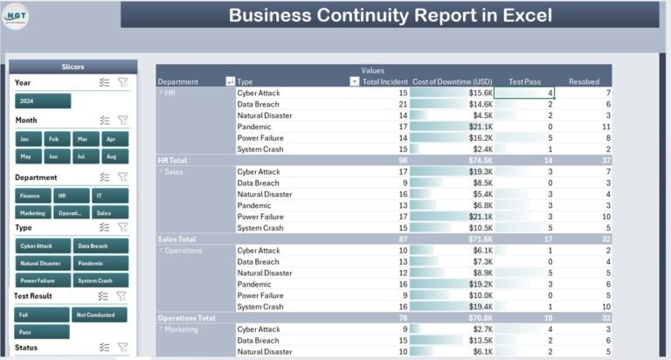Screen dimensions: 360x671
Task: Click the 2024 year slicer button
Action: [x=42, y=101]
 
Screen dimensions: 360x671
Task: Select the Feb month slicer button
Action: [x=53, y=139]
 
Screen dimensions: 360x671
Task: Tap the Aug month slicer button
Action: [x=110, y=156]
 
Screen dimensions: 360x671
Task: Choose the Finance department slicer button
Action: [x=31, y=195]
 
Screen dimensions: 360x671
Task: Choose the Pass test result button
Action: [x=41, y=332]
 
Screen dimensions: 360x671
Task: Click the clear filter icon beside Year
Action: [x=122, y=83]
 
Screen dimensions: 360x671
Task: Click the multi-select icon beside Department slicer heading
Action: [x=104, y=177]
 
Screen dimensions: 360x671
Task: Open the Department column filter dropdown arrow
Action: [x=230, y=81]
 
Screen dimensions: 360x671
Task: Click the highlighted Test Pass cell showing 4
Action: [x=525, y=93]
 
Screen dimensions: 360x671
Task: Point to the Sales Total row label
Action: [x=176, y=239]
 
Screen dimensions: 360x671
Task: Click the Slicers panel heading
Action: [x=73, y=66]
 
